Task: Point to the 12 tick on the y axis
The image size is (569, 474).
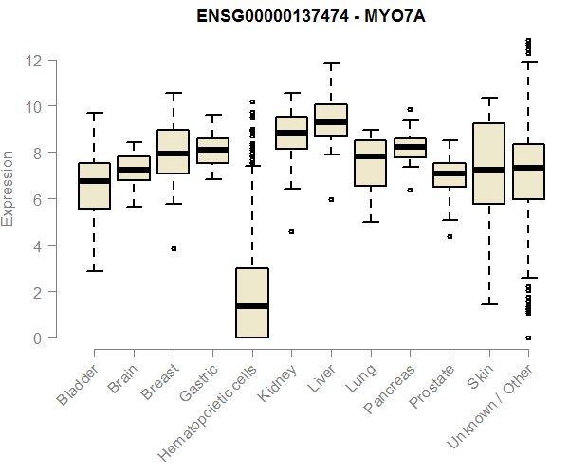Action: (36, 61)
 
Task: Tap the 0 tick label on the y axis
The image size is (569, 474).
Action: (36, 338)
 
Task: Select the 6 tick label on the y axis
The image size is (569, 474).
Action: (36, 199)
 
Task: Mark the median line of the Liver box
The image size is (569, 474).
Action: (330, 122)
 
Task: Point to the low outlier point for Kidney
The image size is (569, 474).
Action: (291, 231)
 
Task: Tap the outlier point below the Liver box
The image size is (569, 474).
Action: (330, 199)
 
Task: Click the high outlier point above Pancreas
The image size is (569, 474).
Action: (410, 110)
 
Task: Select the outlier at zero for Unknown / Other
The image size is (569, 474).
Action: (527, 337)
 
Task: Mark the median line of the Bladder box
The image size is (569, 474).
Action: (94, 181)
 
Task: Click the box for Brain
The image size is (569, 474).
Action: (134, 168)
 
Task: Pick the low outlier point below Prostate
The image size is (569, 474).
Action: (449, 236)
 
